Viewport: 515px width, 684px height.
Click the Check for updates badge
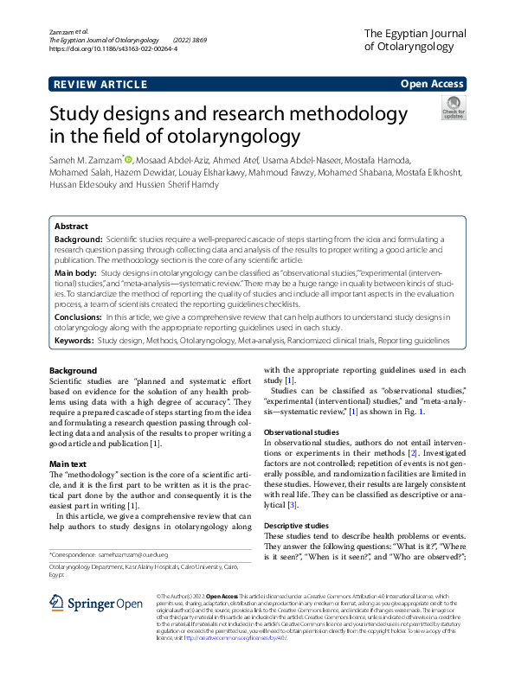(453, 109)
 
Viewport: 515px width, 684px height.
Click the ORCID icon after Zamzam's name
(129, 159)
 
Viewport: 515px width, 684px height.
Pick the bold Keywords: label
(74, 341)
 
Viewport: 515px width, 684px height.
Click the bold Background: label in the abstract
(79, 237)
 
